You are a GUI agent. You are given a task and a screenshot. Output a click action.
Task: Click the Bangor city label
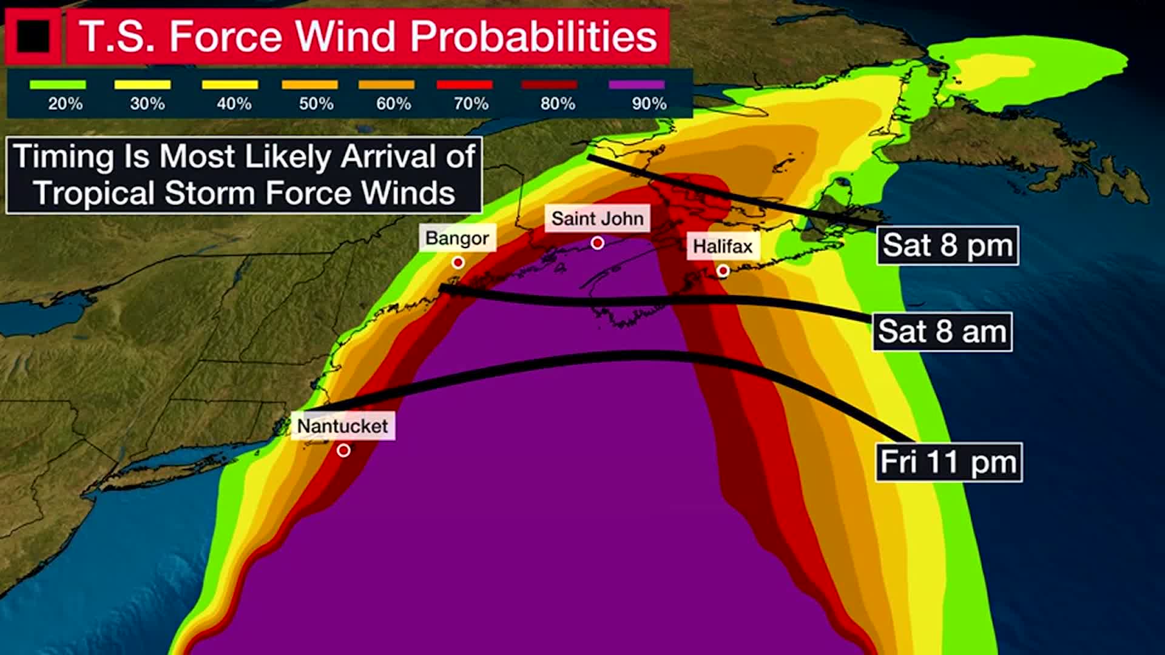(x=457, y=238)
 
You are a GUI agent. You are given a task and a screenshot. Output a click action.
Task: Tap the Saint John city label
(x=597, y=218)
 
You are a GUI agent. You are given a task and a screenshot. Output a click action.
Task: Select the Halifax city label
(x=722, y=246)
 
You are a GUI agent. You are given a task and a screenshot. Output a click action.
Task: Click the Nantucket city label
(x=342, y=426)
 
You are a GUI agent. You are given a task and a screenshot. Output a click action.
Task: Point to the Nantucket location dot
(x=343, y=451)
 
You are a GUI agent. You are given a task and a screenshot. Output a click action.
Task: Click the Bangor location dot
(x=458, y=263)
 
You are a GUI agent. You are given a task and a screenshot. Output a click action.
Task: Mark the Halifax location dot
(x=722, y=270)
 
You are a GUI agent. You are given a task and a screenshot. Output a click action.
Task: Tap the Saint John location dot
(x=598, y=243)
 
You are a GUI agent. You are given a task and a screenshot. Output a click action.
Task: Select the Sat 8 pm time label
(x=947, y=245)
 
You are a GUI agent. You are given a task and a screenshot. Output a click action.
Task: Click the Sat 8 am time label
(x=942, y=332)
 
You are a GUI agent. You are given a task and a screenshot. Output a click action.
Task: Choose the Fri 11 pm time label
(x=948, y=462)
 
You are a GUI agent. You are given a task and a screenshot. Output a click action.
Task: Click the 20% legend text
(x=65, y=104)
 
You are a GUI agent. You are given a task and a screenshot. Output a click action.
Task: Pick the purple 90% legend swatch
(x=637, y=85)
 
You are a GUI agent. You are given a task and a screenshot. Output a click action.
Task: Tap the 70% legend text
(x=471, y=104)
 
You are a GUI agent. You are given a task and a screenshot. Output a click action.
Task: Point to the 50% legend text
(x=316, y=104)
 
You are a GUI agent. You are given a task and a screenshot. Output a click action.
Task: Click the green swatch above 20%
(x=58, y=85)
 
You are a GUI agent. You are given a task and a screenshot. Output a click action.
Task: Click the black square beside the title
(x=33, y=36)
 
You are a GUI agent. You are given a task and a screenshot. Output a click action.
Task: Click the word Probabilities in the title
(x=533, y=36)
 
